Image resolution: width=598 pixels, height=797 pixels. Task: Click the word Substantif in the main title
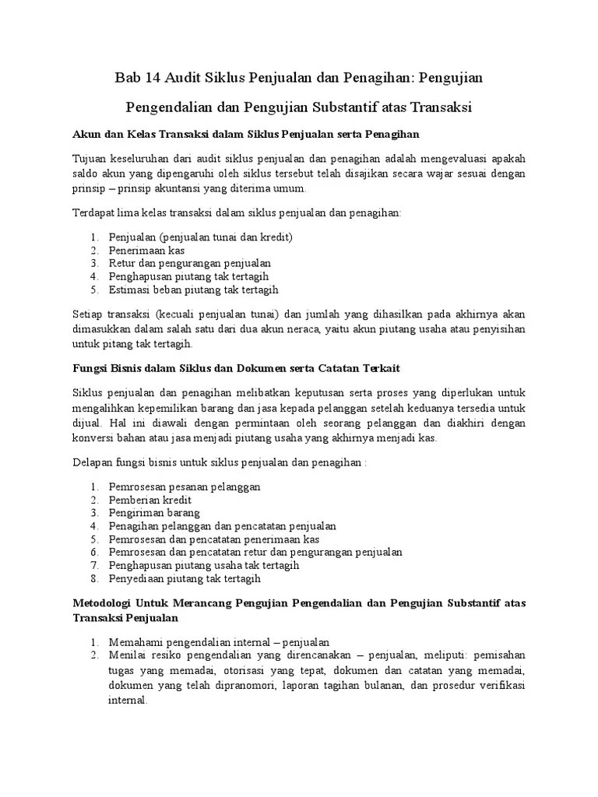(348, 106)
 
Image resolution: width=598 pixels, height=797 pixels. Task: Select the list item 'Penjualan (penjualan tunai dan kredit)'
(200, 237)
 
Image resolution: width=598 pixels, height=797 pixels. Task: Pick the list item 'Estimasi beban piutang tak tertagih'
(193, 290)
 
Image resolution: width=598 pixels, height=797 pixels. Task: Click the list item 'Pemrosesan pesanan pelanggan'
(185, 487)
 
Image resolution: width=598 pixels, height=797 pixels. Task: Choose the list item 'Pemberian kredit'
(150, 500)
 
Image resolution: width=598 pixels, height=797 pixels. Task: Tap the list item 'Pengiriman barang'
(154, 513)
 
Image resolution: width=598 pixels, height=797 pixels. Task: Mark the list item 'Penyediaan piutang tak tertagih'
(185, 578)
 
